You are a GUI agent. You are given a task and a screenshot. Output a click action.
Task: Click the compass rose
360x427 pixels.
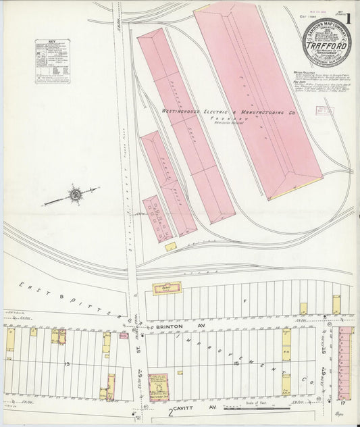click(74, 196)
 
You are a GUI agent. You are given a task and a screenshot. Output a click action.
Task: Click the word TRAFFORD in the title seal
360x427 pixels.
click(329, 48)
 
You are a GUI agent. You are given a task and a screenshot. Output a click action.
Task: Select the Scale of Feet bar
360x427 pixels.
click(257, 408)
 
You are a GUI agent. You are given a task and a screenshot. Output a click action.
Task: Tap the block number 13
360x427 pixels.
click(67, 363)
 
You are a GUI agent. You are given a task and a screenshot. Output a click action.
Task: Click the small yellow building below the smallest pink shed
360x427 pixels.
click(171, 247)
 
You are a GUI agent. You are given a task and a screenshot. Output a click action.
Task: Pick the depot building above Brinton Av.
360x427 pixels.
click(166, 288)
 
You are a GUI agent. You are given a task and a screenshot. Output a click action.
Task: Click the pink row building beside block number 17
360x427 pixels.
click(346, 361)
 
